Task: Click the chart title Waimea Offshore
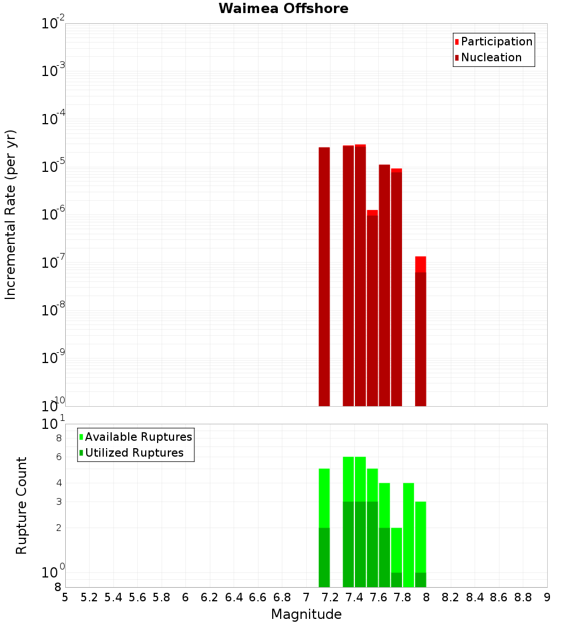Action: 283,9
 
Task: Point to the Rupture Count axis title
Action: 22,505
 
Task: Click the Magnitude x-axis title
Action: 306,614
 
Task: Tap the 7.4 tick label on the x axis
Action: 354,597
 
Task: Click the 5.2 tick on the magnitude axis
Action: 90,597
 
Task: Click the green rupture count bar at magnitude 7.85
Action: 408,533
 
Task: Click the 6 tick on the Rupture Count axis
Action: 58,457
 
